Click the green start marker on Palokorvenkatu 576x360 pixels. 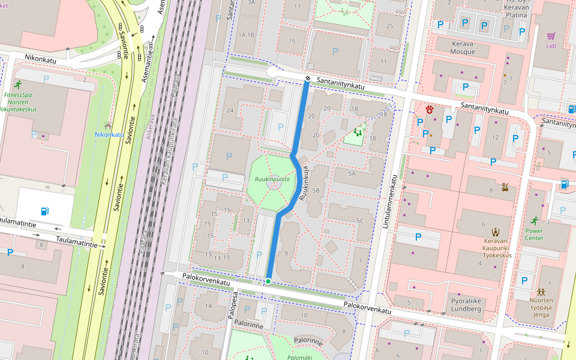click(268, 281)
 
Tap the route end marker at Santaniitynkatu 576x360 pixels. click(307, 79)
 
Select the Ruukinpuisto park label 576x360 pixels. click(272, 179)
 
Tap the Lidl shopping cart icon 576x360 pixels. click(551, 36)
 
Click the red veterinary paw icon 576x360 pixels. click(430, 109)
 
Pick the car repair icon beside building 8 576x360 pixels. click(505, 187)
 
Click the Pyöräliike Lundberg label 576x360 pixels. click(465, 305)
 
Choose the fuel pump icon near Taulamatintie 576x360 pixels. click(44, 211)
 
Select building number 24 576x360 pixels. click(229, 110)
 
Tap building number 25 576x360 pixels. click(390, 25)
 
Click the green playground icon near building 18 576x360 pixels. click(358, 131)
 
